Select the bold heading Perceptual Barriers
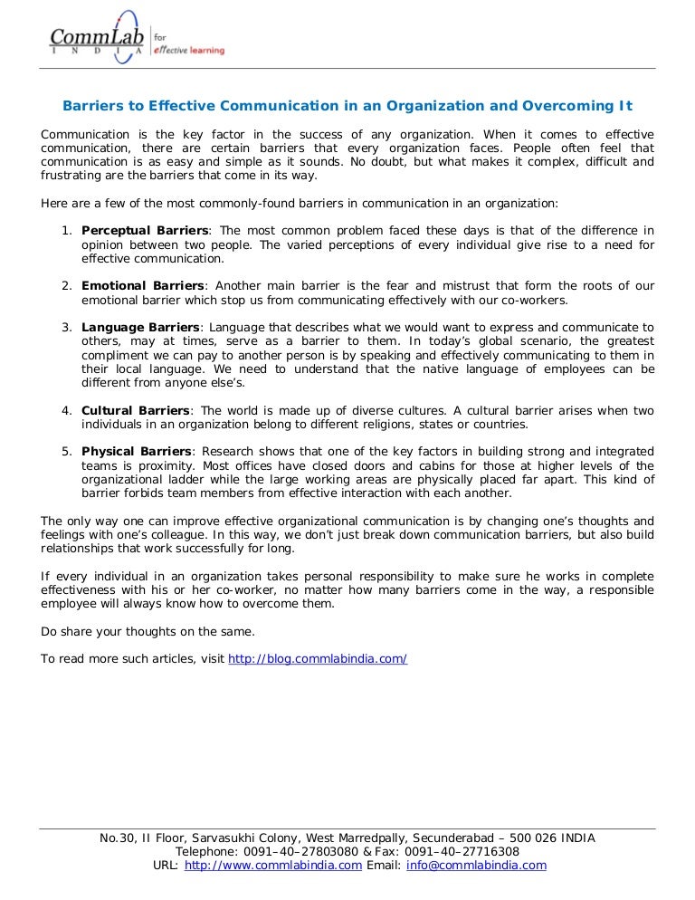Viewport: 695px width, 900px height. click(146, 231)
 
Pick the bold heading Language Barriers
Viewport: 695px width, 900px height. click(140, 327)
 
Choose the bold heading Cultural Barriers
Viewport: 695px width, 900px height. click(136, 410)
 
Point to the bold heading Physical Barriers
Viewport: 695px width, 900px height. click(137, 451)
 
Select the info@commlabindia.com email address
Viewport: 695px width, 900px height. click(477, 865)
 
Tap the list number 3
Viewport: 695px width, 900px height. click(66, 327)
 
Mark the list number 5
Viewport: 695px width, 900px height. click(66, 451)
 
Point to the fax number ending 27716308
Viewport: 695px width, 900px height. click(488, 851)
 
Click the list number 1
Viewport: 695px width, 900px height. click(66, 231)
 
